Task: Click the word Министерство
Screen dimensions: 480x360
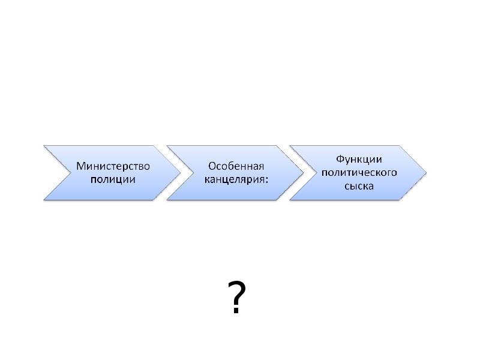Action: (x=113, y=166)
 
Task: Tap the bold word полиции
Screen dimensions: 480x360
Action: (x=113, y=179)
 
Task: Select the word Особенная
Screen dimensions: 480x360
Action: (x=236, y=166)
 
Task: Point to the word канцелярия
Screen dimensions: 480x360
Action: (x=234, y=179)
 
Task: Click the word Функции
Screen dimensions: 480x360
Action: (x=359, y=160)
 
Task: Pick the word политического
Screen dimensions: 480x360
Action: (x=359, y=173)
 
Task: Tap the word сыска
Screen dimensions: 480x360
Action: (x=359, y=186)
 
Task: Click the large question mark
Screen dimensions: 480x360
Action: (x=236, y=297)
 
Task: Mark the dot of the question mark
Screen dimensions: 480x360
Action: (x=236, y=311)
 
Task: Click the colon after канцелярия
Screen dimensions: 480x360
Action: (x=266, y=179)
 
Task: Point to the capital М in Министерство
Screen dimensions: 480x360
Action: (x=80, y=166)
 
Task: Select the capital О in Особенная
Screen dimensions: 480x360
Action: (x=212, y=166)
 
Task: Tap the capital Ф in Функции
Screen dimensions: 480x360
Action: (x=340, y=159)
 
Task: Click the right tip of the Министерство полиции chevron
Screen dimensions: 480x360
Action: (x=181, y=173)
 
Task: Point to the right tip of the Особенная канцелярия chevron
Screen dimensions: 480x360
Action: (x=304, y=173)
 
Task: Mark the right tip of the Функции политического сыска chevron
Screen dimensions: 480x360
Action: (x=427, y=173)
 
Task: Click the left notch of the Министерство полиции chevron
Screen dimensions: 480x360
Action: (x=71, y=173)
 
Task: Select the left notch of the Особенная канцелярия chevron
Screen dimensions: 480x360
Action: (x=194, y=173)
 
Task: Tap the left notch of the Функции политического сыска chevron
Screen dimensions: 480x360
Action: (x=317, y=173)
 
